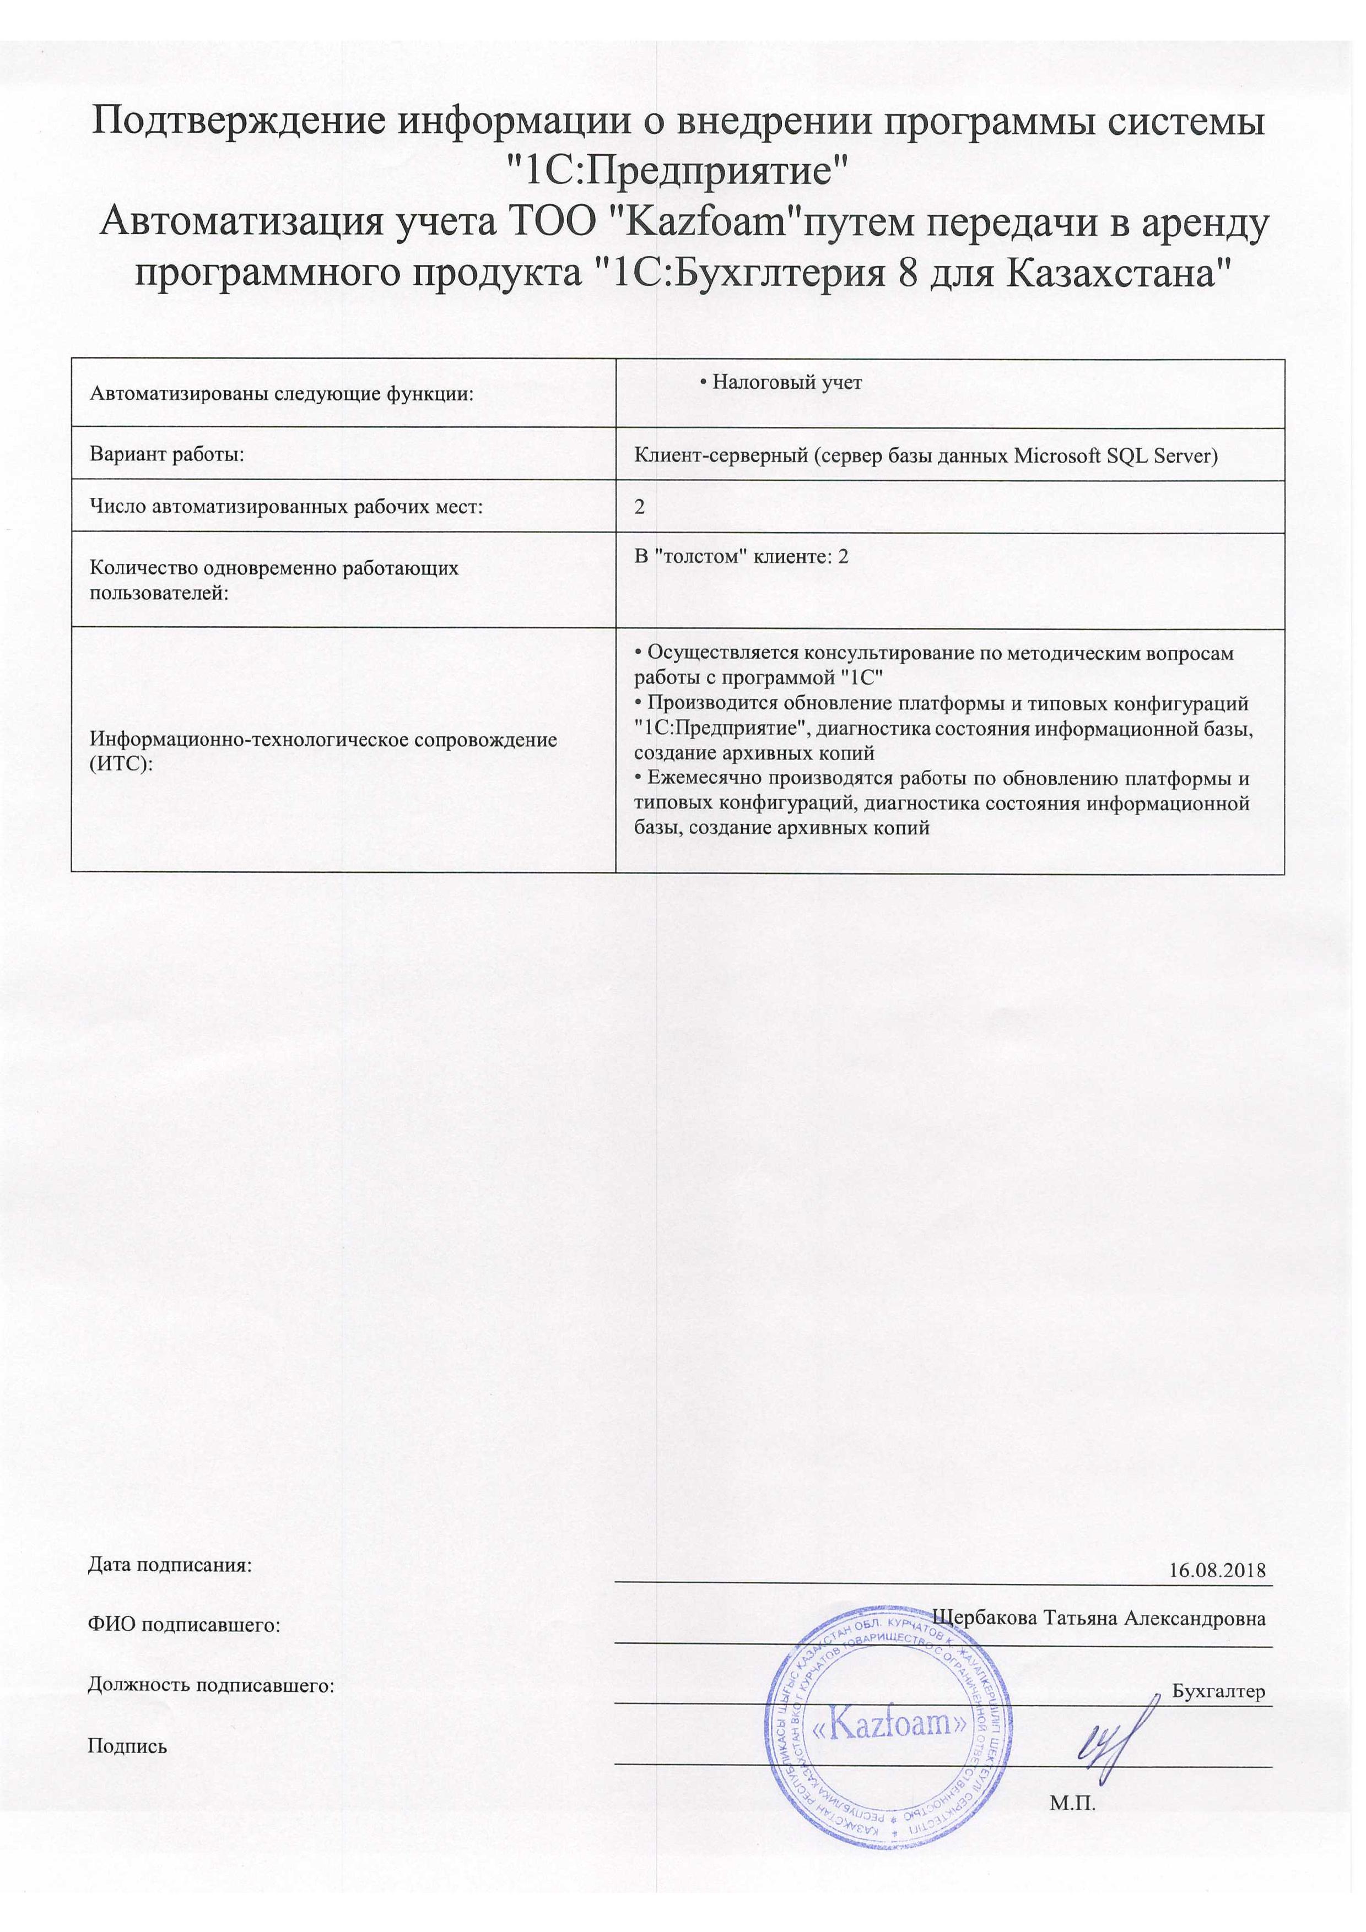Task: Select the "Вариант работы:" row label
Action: click(166, 455)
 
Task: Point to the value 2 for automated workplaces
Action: click(640, 507)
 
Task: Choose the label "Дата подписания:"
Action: click(170, 1566)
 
